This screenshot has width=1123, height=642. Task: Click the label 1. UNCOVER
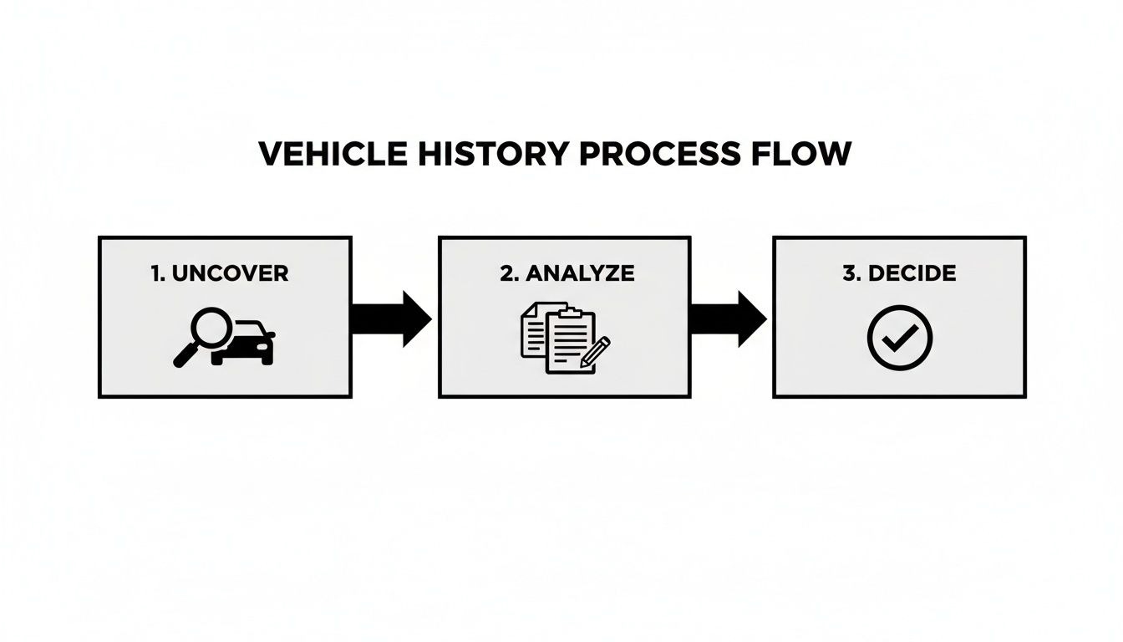point(220,273)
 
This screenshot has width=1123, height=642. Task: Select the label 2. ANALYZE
point(567,273)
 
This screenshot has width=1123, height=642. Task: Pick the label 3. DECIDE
point(899,273)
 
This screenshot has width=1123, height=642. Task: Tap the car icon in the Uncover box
point(247,344)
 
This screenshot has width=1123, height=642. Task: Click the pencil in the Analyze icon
point(596,350)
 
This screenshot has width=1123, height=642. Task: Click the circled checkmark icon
point(900,338)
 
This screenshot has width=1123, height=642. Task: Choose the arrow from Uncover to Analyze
point(390,318)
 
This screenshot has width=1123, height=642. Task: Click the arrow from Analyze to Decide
point(727,318)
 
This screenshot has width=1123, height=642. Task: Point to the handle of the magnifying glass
point(184,355)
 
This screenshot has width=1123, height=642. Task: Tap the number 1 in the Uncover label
point(155,273)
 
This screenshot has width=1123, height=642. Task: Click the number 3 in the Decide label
point(848,273)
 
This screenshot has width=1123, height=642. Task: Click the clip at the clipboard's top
point(570,313)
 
